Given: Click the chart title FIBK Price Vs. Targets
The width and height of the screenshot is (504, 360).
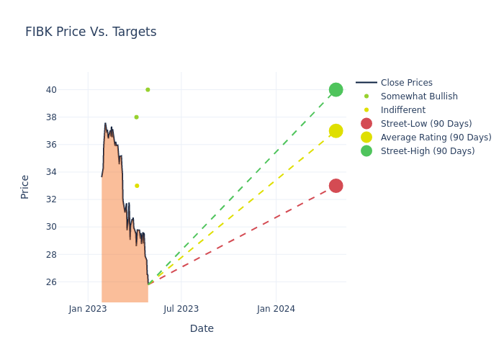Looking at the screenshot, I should click(91, 32).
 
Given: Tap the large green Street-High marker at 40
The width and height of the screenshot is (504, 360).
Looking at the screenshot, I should click(336, 90).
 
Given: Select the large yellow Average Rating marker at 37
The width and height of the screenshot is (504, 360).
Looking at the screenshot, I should click(336, 131).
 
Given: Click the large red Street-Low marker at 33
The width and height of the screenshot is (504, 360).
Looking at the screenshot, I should click(336, 186).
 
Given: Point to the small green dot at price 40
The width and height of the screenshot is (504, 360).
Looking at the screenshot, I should click(148, 90).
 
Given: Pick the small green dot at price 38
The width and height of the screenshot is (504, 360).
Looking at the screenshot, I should click(136, 117).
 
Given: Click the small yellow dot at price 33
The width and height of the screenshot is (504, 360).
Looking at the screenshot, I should click(137, 186).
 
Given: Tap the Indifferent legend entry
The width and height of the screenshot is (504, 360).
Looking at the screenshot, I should click(402, 110).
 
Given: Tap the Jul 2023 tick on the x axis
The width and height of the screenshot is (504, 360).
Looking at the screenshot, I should click(181, 309).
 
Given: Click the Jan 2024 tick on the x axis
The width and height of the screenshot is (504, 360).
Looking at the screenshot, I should click(276, 309).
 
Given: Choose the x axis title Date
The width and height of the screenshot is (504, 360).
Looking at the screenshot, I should click(202, 329).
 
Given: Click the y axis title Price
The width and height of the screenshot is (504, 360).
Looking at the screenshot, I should click(25, 186).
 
